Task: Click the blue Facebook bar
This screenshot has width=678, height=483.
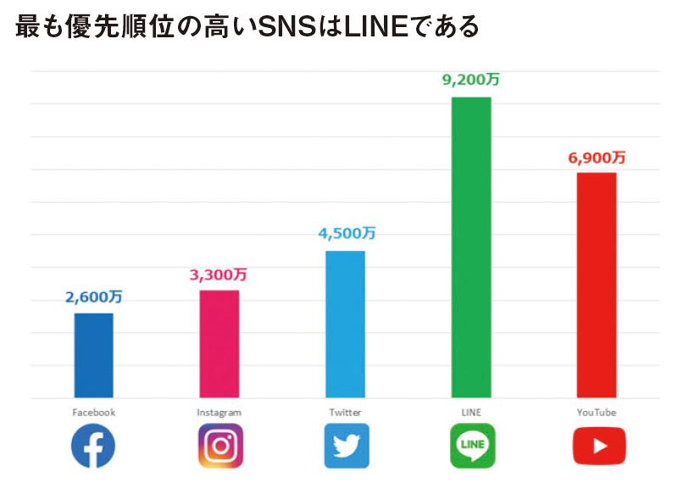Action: (93, 355)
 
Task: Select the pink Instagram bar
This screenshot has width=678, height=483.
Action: (219, 343)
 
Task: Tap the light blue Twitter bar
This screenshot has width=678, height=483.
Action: (345, 324)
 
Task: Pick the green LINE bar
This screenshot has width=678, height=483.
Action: (471, 247)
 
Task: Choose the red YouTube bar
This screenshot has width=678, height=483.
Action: (596, 285)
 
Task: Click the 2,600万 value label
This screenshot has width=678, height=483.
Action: (93, 297)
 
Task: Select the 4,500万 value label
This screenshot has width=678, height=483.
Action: (345, 234)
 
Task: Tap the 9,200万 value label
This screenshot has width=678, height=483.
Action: (470, 80)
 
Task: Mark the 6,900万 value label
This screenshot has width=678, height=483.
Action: (597, 157)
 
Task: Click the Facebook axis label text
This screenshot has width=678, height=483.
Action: (93, 413)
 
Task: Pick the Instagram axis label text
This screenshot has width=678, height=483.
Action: (219, 413)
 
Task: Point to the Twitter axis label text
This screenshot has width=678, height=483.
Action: (345, 413)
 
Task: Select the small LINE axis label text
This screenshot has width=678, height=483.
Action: (471, 413)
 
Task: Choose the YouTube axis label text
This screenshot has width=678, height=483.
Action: (596, 413)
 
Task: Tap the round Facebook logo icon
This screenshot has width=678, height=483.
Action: (93, 447)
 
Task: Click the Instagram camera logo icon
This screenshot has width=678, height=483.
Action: (220, 447)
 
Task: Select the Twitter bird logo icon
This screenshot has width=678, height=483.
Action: (346, 447)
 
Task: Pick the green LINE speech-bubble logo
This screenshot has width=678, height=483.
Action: (472, 446)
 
